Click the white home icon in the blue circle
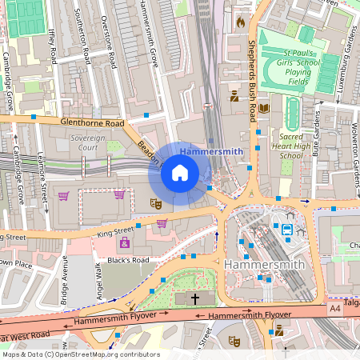coord(180,173)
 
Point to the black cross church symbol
coord(196,298)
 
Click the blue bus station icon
coord(286,230)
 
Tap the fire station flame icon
coord(239,22)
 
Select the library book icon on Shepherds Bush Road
coord(265,108)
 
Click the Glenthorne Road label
coord(93,124)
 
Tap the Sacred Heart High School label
coord(290,146)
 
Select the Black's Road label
coord(129,260)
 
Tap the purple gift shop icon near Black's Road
coord(124,242)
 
